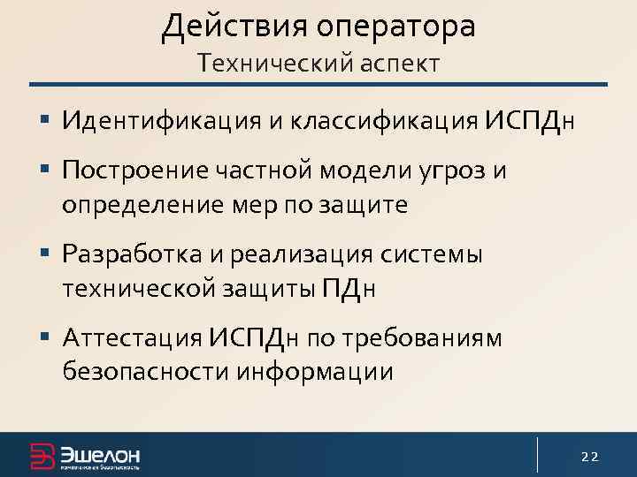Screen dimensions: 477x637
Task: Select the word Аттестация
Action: (133, 337)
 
